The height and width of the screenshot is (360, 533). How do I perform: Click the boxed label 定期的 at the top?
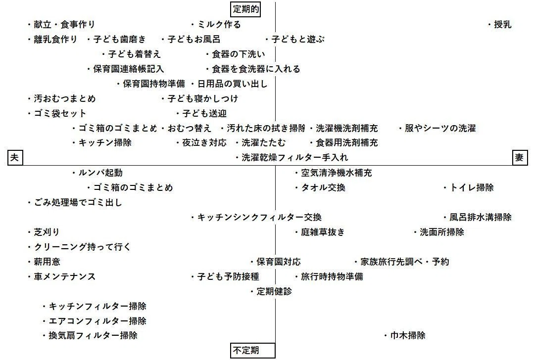(246, 9)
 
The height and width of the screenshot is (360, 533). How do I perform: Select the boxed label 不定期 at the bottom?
(252, 350)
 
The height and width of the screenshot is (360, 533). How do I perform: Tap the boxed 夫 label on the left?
(15, 158)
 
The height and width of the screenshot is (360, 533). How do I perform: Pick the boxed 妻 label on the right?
(520, 158)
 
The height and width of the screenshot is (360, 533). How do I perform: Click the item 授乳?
(500, 24)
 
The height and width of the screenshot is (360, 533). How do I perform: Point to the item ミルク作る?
(216, 24)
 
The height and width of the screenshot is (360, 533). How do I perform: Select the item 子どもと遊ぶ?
(295, 40)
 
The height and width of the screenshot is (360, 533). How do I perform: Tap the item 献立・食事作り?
(61, 24)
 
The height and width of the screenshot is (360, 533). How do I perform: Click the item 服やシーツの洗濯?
(437, 129)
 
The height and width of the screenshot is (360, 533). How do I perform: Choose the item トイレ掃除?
(469, 187)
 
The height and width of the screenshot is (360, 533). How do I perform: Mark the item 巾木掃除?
(405, 336)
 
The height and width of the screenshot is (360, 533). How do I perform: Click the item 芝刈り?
(44, 232)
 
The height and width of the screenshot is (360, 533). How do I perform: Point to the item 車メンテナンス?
(61, 277)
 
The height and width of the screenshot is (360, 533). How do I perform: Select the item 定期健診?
(271, 291)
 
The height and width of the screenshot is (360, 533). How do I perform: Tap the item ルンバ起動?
(97, 173)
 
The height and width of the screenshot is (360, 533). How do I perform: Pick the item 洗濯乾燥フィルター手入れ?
(292, 158)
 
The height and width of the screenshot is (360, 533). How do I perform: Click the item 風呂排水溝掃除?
(478, 218)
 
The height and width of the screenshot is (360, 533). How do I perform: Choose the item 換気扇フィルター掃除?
(90, 336)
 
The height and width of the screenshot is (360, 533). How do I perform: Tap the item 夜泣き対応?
(201, 142)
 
